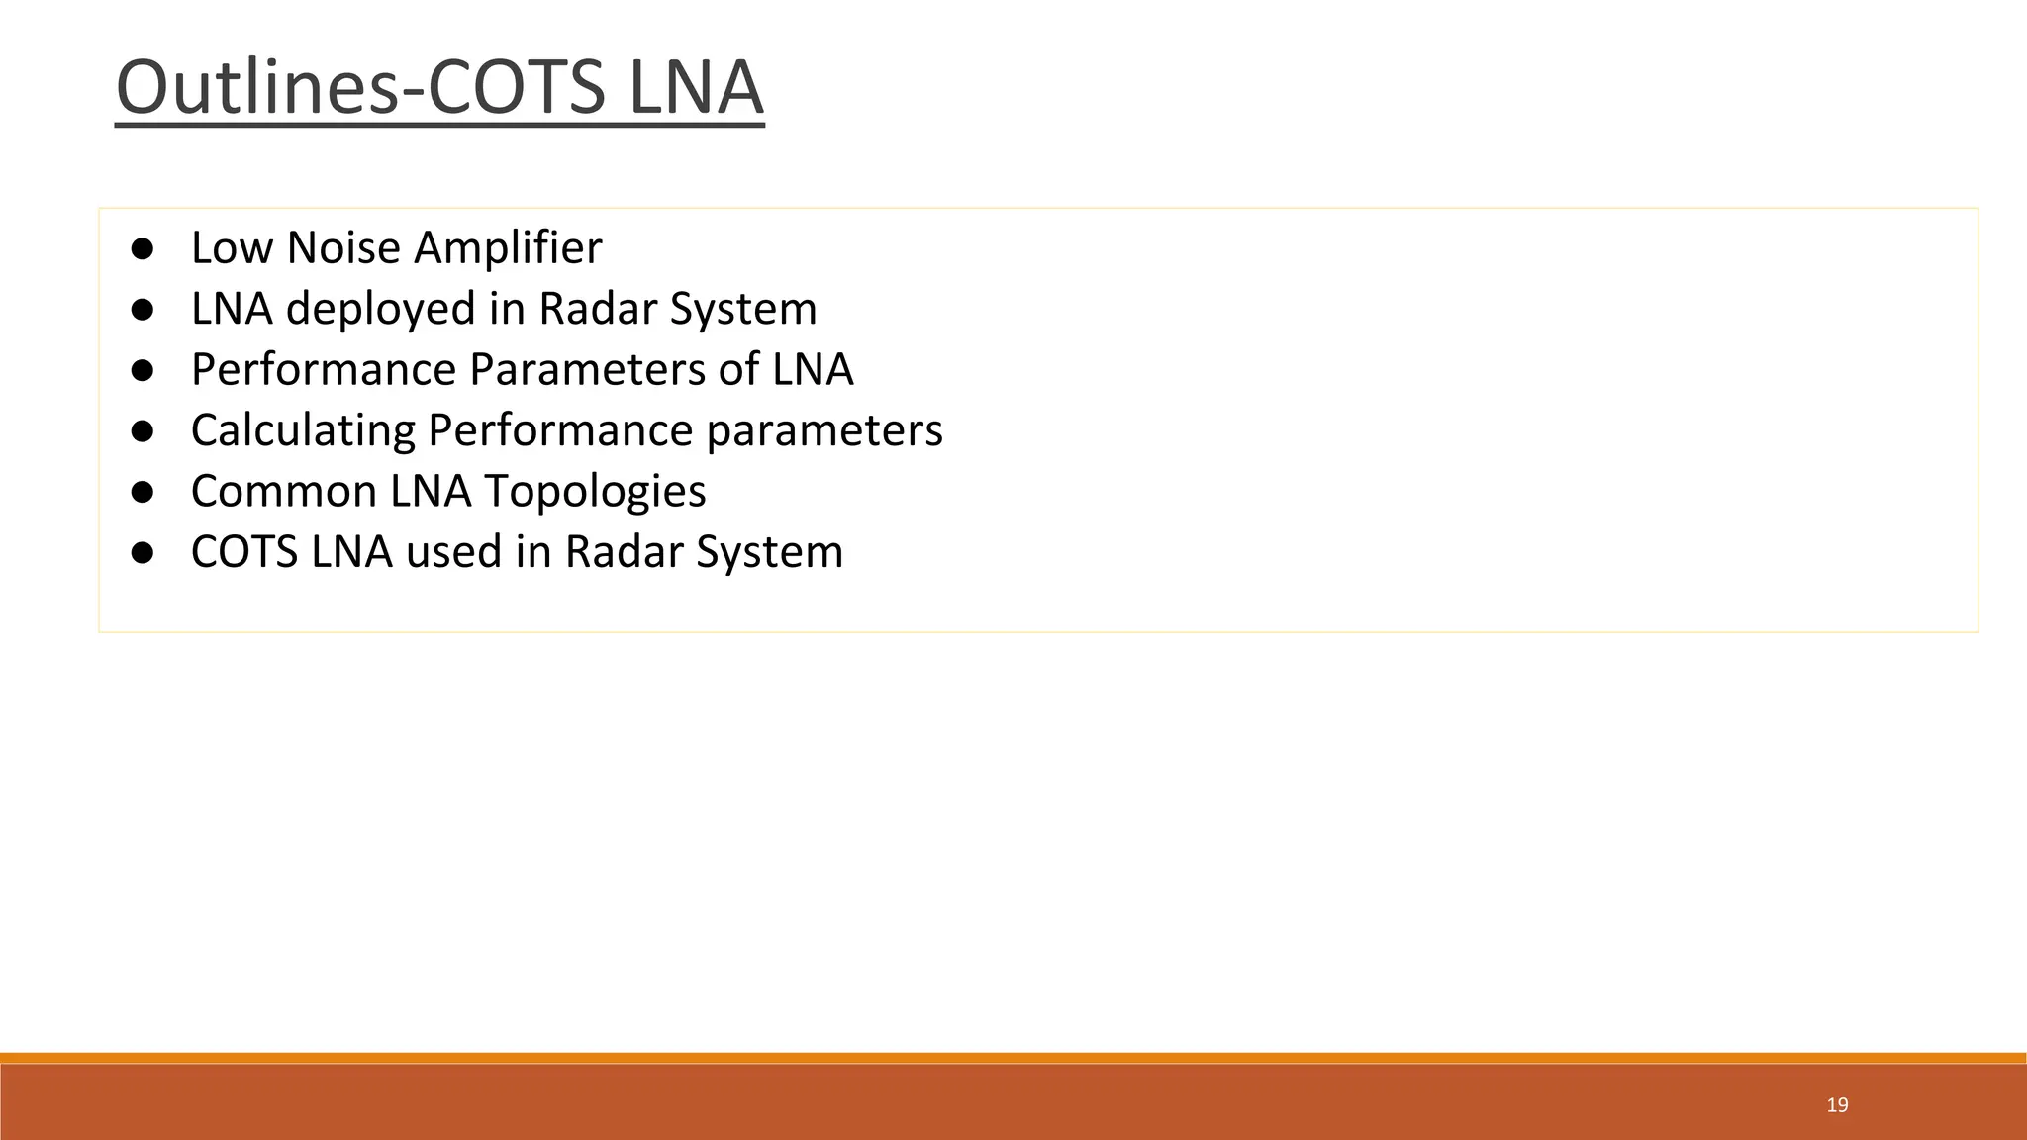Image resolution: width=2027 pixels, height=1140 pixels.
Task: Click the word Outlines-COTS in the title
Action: (x=360, y=87)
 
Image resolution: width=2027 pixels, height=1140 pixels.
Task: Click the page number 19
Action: (x=1837, y=1105)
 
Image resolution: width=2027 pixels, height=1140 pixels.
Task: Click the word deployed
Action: (x=381, y=309)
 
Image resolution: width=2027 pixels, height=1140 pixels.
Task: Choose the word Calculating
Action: (x=303, y=430)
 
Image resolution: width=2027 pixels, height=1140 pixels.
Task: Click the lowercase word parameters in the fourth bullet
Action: (x=824, y=430)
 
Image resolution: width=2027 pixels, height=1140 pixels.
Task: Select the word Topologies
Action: (x=595, y=492)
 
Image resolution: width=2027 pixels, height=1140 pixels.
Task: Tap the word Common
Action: (x=284, y=492)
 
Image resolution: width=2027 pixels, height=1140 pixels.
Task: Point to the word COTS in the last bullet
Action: (x=244, y=552)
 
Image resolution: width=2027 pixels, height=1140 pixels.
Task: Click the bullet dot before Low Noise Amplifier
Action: (x=143, y=248)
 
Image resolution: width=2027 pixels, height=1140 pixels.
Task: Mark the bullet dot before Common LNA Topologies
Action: (x=143, y=492)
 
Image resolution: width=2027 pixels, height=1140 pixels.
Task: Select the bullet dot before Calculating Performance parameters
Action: (x=143, y=430)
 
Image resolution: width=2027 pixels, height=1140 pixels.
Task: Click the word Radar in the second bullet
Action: (x=598, y=309)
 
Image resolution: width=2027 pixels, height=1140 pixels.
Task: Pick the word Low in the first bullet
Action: (x=232, y=248)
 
